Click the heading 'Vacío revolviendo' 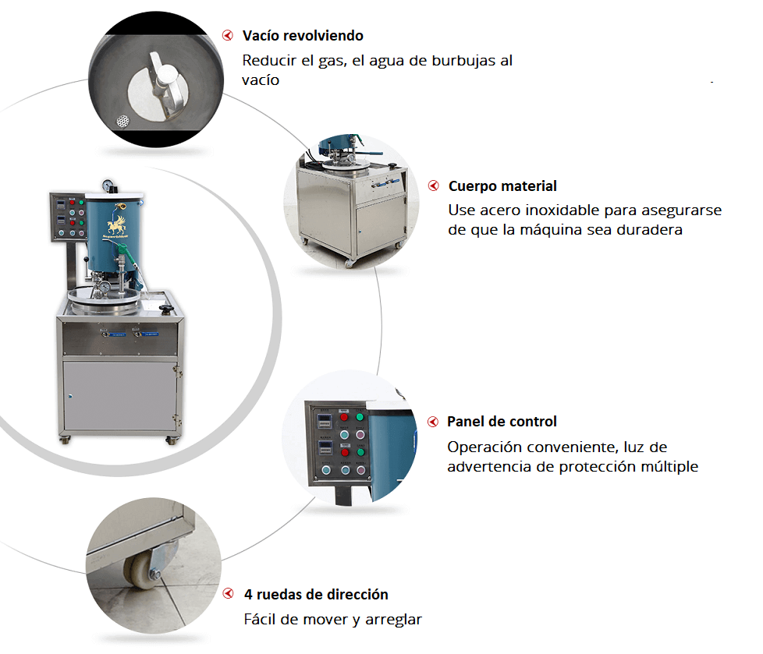[x=303, y=36]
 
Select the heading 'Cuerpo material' [x=502, y=186]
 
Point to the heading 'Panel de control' [x=502, y=422]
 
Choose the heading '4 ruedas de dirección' [x=316, y=595]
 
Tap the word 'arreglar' [x=393, y=620]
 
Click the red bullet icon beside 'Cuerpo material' [x=433, y=186]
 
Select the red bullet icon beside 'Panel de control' [x=432, y=422]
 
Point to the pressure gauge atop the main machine [x=108, y=186]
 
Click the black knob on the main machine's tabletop [x=167, y=309]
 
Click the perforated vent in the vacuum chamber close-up [x=123, y=121]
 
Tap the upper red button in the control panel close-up [x=344, y=417]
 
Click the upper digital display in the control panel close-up [x=325, y=420]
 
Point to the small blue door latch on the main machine [x=70, y=396]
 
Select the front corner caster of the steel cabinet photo [x=350, y=263]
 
